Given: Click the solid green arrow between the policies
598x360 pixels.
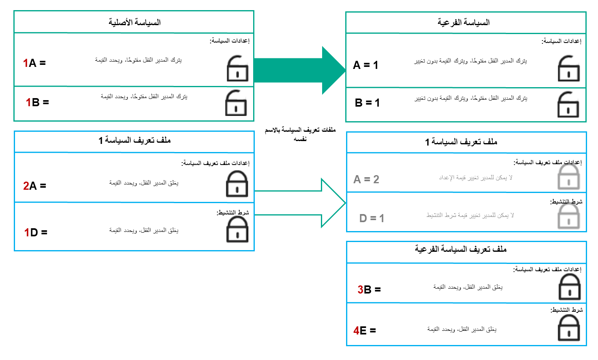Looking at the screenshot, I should click(x=300, y=71).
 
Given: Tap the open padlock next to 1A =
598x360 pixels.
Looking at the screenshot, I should click(x=237, y=69).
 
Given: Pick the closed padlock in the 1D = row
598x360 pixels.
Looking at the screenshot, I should click(x=237, y=229).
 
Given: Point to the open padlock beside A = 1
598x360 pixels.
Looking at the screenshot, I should click(x=569, y=69).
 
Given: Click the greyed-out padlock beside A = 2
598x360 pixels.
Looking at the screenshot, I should click(x=568, y=177).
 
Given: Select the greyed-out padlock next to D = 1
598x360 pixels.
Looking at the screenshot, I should click(x=568, y=216).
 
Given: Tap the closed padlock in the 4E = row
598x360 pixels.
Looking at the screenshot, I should click(x=569, y=328).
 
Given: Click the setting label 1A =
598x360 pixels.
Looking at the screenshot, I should click(x=34, y=63).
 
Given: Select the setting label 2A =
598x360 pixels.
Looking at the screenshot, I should click(x=34, y=186).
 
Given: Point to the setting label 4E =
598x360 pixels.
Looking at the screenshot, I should click(x=364, y=331).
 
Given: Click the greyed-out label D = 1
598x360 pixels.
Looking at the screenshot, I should click(x=372, y=219).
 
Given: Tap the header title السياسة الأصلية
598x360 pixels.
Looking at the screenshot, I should click(x=134, y=22).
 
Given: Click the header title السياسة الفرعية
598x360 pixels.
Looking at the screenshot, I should click(x=463, y=22).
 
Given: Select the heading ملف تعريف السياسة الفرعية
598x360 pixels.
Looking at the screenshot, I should click(x=460, y=249).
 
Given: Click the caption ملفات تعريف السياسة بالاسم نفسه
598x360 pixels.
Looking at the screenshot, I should click(x=300, y=134).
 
